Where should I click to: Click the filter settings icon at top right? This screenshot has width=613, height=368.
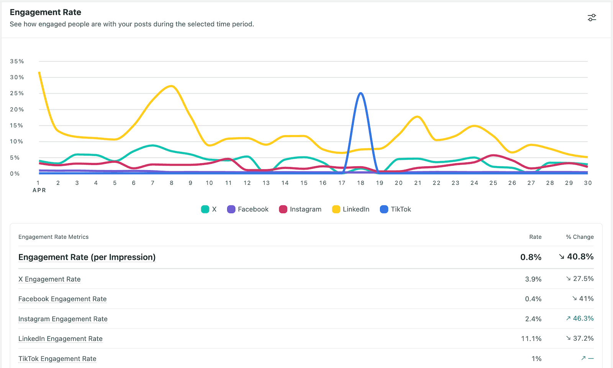[x=592, y=18]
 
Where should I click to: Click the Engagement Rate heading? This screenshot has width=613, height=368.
[x=45, y=12]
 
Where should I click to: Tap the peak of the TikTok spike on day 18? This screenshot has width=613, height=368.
[x=361, y=94]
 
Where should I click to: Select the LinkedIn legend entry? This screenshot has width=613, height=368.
[x=351, y=209]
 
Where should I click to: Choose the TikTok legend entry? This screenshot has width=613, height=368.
[x=395, y=209]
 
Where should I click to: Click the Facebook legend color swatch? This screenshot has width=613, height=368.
[x=231, y=209]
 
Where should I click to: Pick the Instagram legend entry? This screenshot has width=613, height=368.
[x=300, y=209]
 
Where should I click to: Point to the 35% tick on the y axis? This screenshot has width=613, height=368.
[x=17, y=61]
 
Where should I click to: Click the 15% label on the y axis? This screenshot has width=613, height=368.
[x=16, y=125]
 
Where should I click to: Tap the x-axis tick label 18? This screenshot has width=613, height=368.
[x=361, y=183]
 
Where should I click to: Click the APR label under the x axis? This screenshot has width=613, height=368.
[x=39, y=190]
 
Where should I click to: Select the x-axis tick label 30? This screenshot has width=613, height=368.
[x=588, y=183]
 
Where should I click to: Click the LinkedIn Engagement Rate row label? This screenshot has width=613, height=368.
[x=61, y=338]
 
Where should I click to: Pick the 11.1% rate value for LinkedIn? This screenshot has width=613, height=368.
[x=531, y=338]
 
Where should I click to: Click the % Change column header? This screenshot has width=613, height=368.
[x=580, y=237]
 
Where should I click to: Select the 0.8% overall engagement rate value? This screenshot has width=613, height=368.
[x=531, y=257]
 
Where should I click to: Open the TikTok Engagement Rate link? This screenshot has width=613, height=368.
[x=57, y=358]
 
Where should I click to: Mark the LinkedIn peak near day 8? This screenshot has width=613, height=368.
[x=171, y=86]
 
